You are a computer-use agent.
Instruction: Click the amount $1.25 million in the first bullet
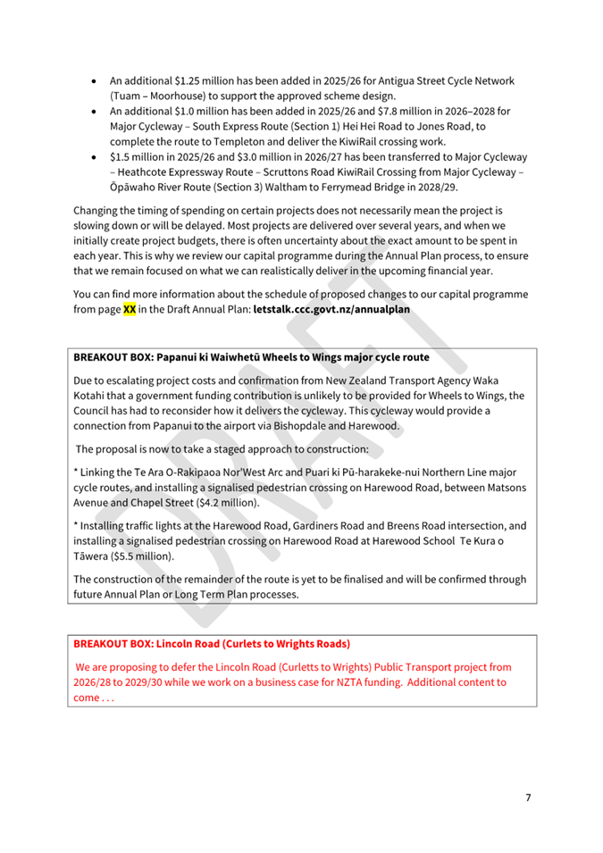click(x=205, y=79)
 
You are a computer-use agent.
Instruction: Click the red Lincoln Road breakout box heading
click(x=212, y=643)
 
